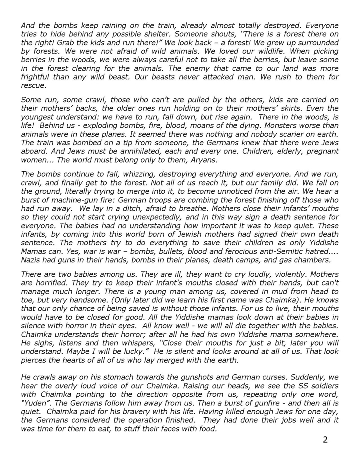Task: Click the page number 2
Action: [325, 440]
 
